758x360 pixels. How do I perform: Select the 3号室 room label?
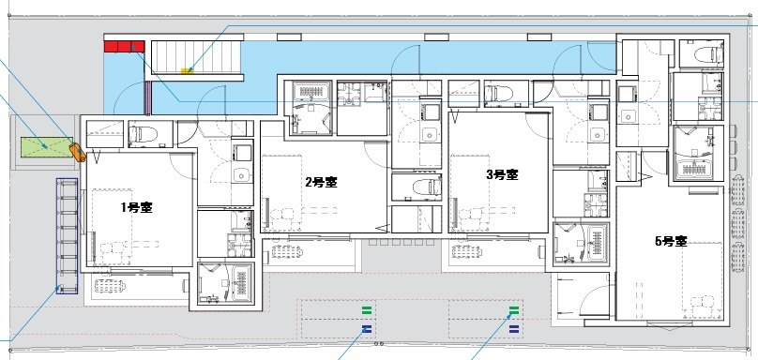502,174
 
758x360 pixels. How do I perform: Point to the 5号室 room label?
671,241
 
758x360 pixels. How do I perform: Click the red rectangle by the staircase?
123,46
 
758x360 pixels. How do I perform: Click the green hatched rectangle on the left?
44,146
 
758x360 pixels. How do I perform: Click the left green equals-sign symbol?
366,308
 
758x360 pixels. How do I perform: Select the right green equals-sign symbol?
513,308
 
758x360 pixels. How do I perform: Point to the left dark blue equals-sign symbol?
366,328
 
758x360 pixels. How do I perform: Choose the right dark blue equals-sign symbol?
513,328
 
